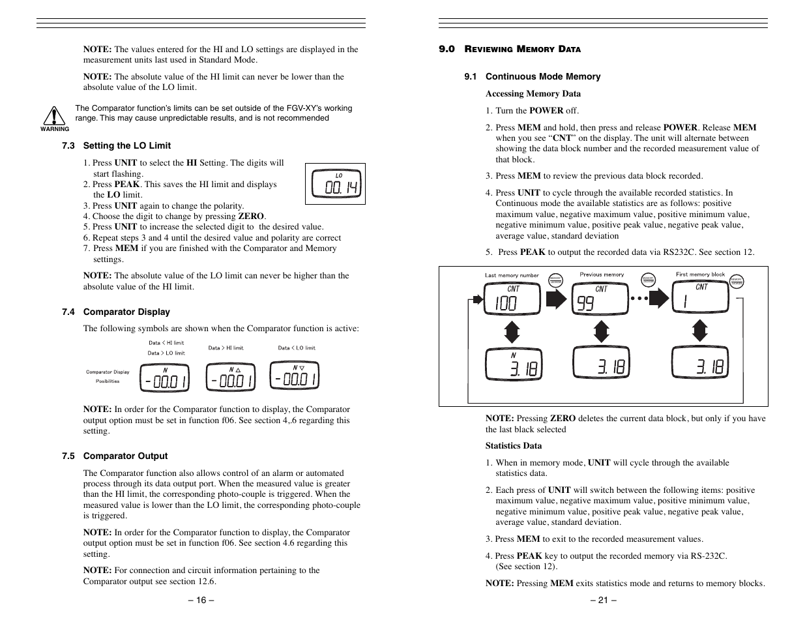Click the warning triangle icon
(x=55, y=115)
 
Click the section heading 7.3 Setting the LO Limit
(x=116, y=145)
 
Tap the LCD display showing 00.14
(x=335, y=184)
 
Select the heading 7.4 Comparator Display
(x=115, y=312)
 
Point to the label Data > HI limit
(x=226, y=348)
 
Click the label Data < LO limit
(x=296, y=348)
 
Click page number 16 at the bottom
(x=201, y=600)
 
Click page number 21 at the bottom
(x=603, y=600)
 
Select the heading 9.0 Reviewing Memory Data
(x=509, y=49)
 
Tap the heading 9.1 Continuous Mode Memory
(x=532, y=76)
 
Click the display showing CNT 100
(x=512, y=299)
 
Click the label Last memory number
(x=512, y=275)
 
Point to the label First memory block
(x=700, y=274)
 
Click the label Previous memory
(x=602, y=274)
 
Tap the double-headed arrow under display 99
(x=601, y=331)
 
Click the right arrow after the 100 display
(x=556, y=299)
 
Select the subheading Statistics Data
(x=513, y=446)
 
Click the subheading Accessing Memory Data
(x=533, y=93)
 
